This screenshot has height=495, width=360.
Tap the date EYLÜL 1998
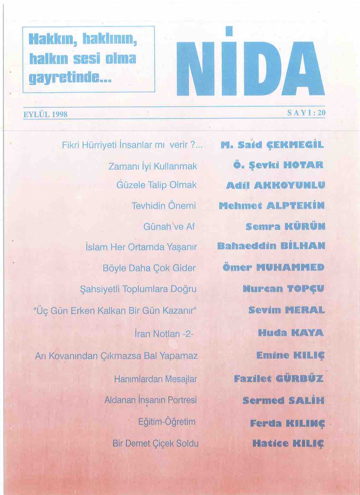point(45,114)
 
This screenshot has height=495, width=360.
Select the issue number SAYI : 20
point(306,113)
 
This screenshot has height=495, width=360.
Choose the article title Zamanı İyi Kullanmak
point(153,166)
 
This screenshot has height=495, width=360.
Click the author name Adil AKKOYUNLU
point(275,185)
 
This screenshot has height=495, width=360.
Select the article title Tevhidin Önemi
point(164,206)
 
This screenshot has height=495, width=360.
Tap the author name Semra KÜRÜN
point(285,226)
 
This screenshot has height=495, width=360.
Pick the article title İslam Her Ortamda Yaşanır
point(141,247)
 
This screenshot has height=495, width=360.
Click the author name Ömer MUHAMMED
point(273,268)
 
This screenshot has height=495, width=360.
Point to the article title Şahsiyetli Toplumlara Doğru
point(138,289)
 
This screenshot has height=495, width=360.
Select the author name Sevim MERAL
point(286,310)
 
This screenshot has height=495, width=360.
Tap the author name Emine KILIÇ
point(290,356)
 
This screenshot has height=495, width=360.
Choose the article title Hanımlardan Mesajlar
point(155,379)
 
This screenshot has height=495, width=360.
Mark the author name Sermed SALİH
point(283,401)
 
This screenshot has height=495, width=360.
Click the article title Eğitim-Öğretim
point(167,422)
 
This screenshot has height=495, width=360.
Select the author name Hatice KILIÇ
point(288,444)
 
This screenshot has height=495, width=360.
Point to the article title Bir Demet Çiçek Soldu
point(155,443)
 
